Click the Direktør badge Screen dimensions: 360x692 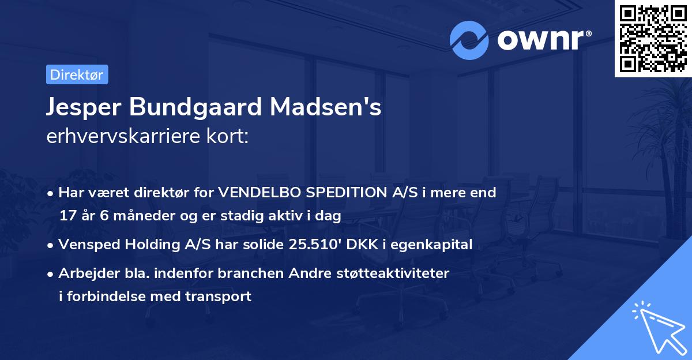point(77,74)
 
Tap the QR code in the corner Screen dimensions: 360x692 point(653,38)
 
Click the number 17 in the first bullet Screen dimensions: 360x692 point(67,216)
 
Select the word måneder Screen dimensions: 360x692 point(135,216)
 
